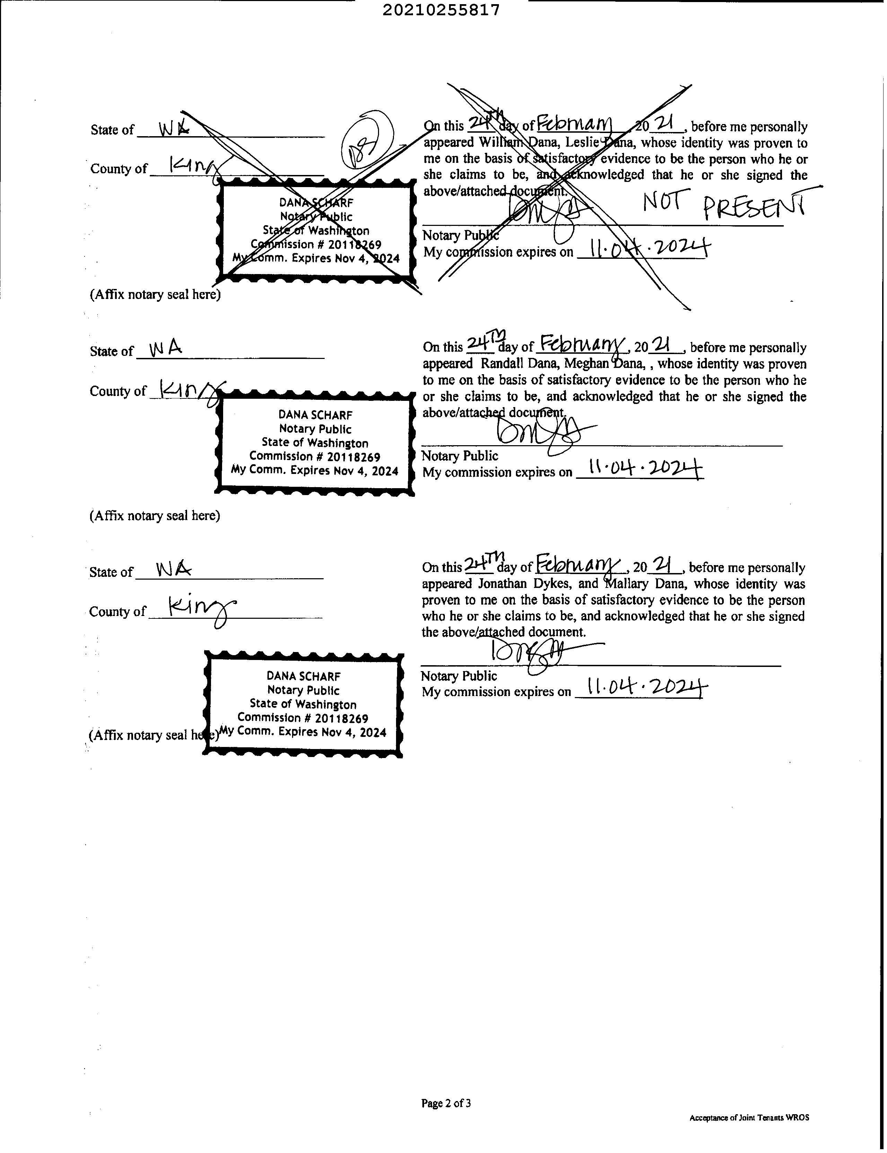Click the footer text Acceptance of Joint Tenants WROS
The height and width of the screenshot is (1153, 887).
point(749,1118)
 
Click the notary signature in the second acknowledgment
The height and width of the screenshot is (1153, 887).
point(538,433)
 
